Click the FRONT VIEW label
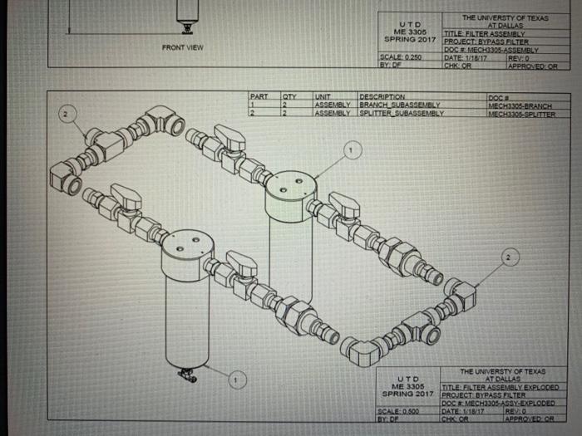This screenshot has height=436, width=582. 184,47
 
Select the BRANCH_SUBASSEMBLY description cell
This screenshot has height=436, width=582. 399,105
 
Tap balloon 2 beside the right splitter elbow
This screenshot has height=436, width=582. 508,258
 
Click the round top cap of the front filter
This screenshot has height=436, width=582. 188,244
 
